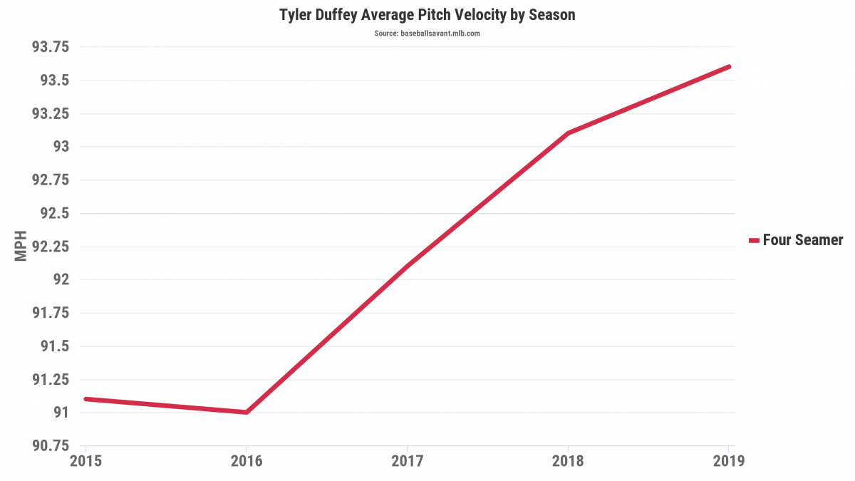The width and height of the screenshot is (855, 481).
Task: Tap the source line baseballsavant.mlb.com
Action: coord(427,33)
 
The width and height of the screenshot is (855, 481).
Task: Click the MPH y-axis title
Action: coord(21,246)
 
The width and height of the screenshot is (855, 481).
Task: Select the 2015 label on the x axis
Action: coord(85,461)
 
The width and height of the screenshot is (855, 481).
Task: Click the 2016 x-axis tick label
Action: coord(246,461)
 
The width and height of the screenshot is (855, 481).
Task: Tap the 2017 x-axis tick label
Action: coord(407,461)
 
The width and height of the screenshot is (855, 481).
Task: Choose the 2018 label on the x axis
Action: coord(568,461)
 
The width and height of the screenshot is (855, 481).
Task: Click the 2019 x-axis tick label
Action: coord(728,461)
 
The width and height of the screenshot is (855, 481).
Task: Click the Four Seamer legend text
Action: coord(802,240)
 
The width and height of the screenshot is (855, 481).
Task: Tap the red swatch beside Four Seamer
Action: coord(754,241)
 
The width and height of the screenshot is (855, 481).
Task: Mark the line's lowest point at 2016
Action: coord(246,412)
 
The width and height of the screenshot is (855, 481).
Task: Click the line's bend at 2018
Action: coord(568,133)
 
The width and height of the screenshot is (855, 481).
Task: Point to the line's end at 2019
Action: coord(729,67)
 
